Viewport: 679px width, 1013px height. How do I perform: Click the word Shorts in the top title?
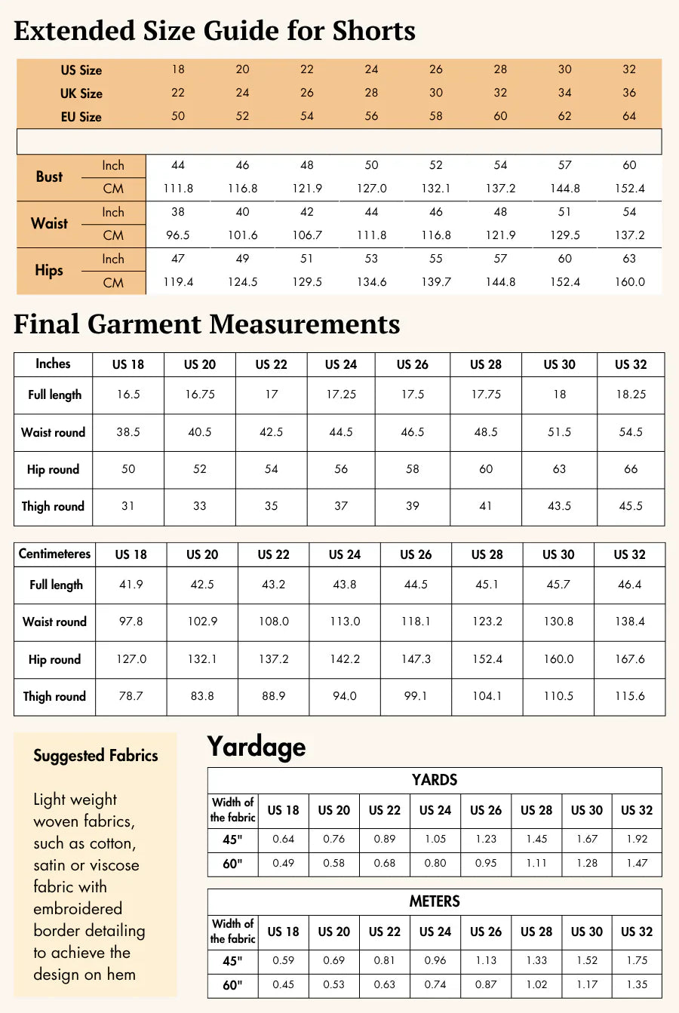375,31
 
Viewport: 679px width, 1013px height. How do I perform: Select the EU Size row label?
81,117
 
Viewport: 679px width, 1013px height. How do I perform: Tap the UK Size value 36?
629,93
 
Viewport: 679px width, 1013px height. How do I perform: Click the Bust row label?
49,177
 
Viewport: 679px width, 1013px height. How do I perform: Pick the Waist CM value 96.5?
178,235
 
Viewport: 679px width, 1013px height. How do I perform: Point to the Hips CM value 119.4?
178,282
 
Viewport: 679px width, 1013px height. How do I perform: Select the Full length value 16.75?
200,394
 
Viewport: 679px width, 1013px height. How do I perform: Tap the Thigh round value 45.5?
631,506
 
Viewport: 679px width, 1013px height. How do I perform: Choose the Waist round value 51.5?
559,432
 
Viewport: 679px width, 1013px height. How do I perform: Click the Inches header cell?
53,364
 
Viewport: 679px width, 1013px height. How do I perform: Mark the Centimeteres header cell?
54,554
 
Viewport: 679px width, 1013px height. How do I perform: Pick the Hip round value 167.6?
629,659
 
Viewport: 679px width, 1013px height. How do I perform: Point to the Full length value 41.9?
131,585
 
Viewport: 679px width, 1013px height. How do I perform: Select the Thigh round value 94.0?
345,696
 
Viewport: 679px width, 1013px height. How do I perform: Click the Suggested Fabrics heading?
96,756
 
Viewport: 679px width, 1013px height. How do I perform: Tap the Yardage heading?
257,747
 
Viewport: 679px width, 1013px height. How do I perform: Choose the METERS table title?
435,901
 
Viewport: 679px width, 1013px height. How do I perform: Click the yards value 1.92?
637,839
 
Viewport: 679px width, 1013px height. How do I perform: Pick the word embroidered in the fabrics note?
78,909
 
